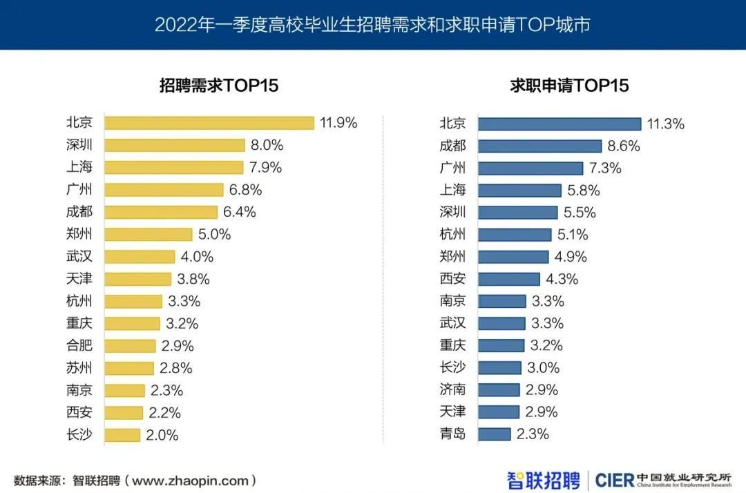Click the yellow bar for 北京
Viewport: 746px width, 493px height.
coord(209,123)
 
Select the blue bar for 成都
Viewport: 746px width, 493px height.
coord(539,146)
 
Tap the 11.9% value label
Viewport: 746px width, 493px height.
coord(338,123)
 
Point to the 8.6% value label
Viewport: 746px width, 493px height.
coord(624,146)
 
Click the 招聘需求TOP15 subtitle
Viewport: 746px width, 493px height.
coord(219,86)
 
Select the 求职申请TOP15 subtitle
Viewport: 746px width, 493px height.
coord(569,86)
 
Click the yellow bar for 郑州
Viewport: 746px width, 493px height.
coord(149,234)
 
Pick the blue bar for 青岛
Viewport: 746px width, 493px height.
coord(495,434)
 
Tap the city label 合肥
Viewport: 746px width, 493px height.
coord(79,345)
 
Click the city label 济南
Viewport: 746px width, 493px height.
coord(452,389)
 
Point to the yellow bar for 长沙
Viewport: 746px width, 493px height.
coord(122,435)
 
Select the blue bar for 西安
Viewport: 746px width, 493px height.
coord(509,279)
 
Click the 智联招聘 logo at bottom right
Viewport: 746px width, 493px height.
coord(544,479)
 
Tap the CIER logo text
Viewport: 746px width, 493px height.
coord(614,479)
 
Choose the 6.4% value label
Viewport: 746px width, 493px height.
coord(239,212)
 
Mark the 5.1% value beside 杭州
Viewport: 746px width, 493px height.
coord(571,235)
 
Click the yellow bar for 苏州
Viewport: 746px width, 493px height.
coord(129,368)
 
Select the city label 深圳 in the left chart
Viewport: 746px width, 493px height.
coord(79,145)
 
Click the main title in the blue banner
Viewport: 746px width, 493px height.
coord(372,25)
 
